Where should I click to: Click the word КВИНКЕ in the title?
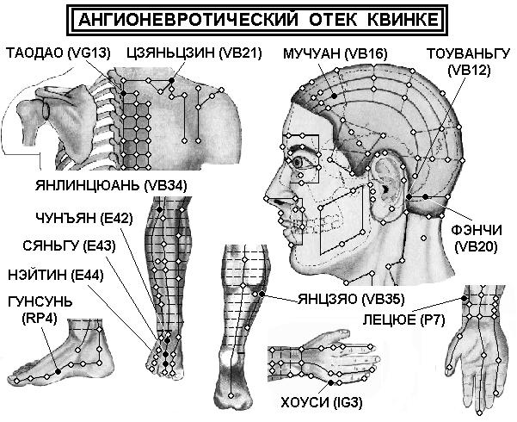(403, 20)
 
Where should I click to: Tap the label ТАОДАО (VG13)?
(58, 53)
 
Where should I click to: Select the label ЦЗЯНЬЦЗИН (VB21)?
(194, 53)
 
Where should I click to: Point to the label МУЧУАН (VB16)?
(335, 53)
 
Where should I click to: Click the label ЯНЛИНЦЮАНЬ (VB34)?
(111, 185)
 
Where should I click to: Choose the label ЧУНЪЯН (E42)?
(84, 218)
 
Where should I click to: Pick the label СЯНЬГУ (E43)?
(69, 246)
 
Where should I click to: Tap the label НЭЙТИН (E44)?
(56, 275)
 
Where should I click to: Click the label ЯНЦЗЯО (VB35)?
(351, 299)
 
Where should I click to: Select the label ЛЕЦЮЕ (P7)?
(404, 320)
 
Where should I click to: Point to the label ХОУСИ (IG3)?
(322, 403)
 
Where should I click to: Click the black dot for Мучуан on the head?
(335, 96)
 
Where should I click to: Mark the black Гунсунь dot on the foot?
(58, 371)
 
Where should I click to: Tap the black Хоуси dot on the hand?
(330, 382)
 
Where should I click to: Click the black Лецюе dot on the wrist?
(464, 299)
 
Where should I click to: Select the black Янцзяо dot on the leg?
(262, 294)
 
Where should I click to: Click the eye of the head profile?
(299, 163)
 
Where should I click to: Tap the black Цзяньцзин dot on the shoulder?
(171, 80)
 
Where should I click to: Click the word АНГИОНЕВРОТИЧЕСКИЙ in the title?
(188, 20)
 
